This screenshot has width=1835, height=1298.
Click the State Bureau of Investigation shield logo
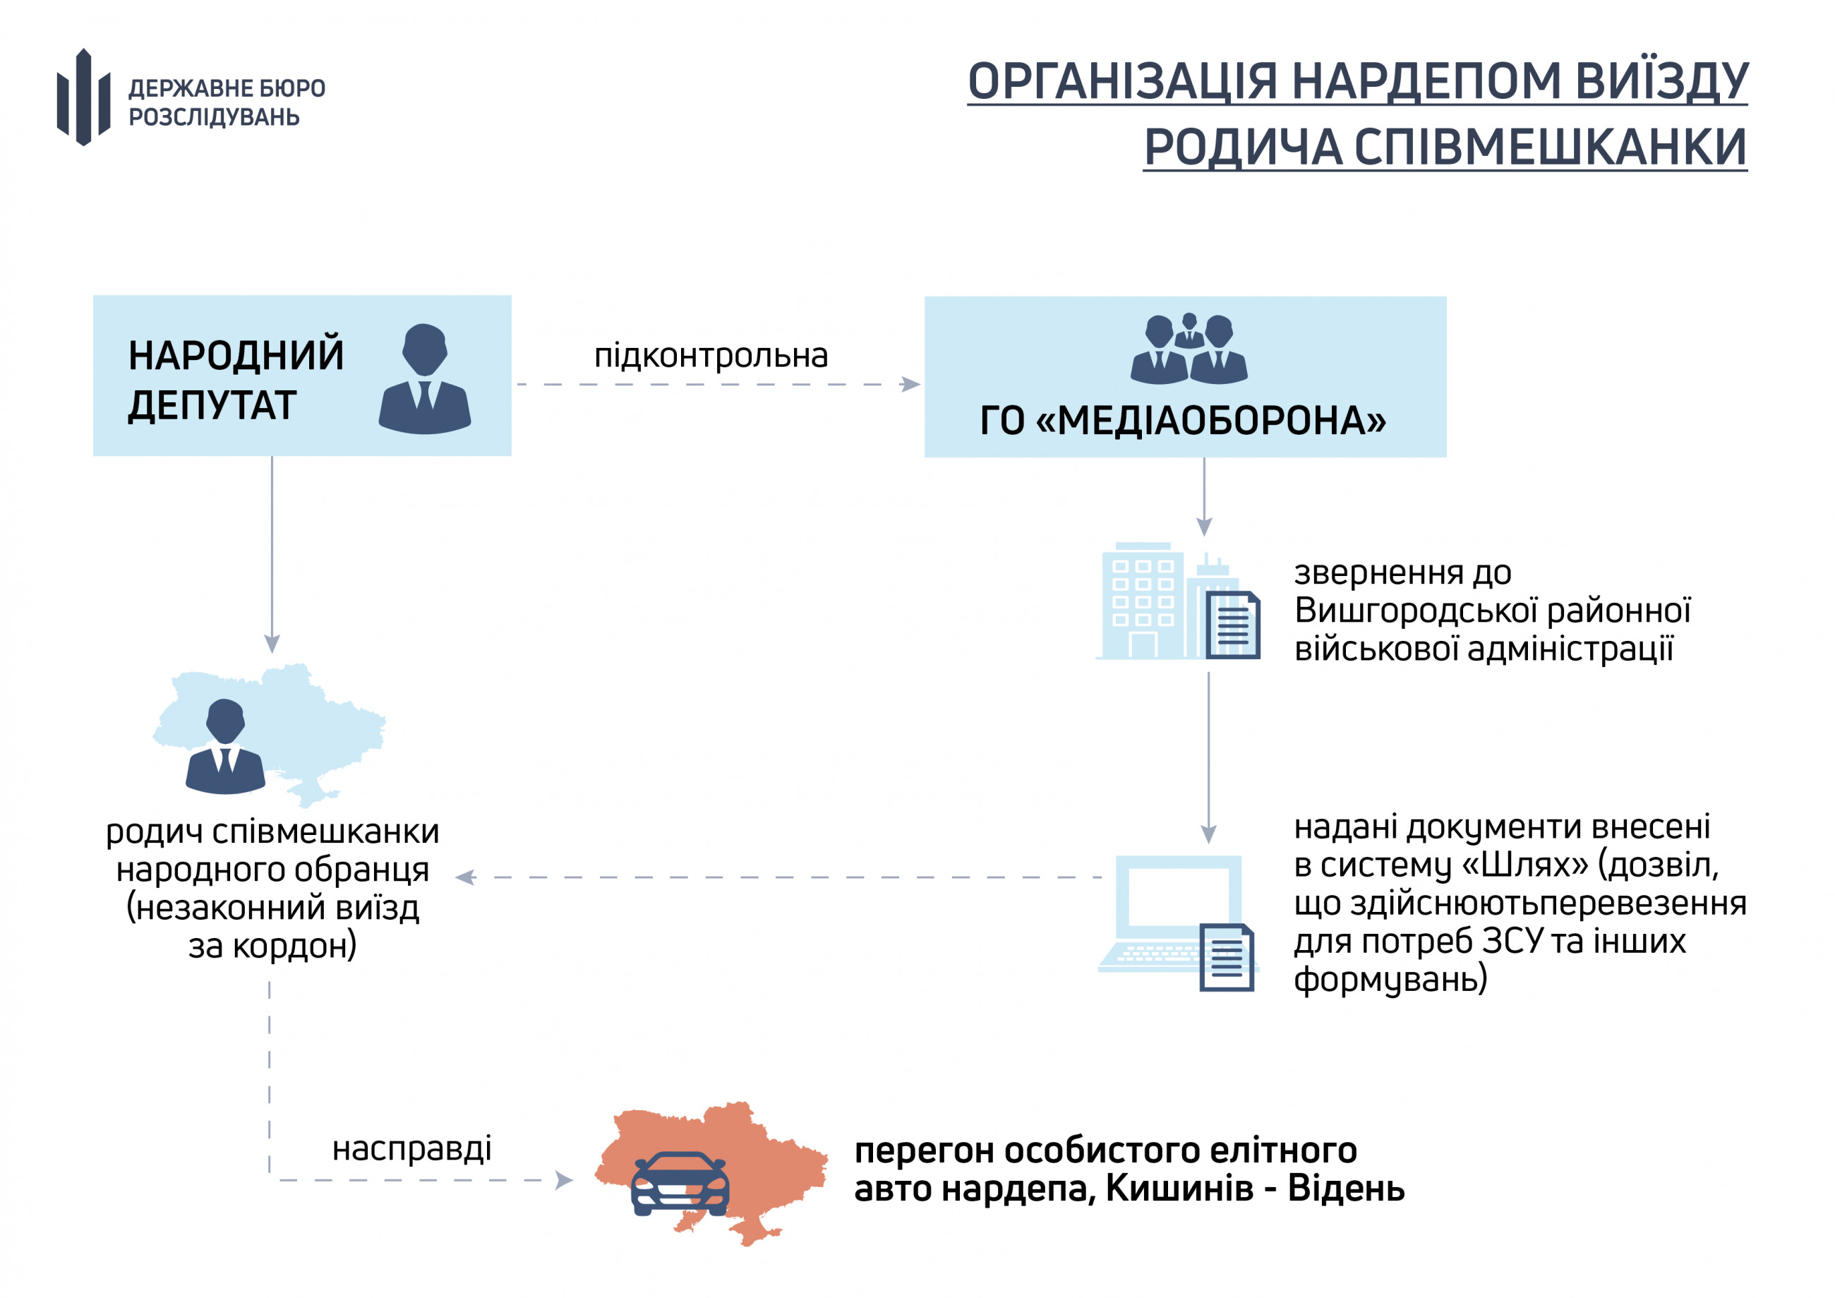(x=83, y=97)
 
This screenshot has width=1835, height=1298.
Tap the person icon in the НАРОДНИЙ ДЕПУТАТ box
(x=424, y=379)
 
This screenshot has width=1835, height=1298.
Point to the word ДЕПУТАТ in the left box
(x=212, y=405)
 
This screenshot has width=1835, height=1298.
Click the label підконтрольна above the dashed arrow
(x=711, y=355)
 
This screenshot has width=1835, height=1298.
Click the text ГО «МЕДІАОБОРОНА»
(x=1183, y=421)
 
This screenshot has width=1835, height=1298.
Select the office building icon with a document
(x=1178, y=601)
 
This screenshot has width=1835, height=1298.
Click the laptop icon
(x=1172, y=914)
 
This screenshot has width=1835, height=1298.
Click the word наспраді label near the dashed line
(x=411, y=1149)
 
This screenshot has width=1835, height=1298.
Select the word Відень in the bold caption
(x=1346, y=1189)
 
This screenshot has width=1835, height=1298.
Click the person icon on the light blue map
(x=225, y=747)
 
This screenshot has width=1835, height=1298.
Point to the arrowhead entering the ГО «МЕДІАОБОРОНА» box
(x=910, y=385)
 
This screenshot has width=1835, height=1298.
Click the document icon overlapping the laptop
(x=1227, y=958)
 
